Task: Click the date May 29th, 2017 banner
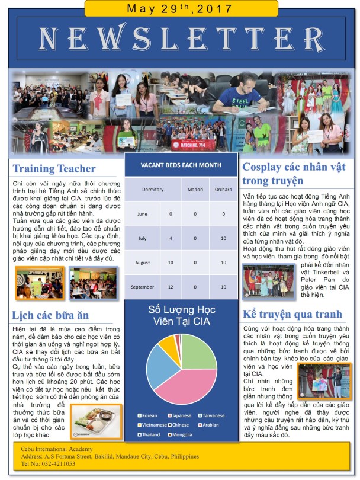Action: pyautogui.click(x=180, y=8)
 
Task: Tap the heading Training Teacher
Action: pyautogui.click(x=54, y=169)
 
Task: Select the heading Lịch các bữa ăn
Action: pyautogui.click(x=50, y=315)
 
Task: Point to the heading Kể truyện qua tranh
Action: pyautogui.click(x=292, y=314)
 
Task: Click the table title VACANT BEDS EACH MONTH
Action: pyautogui.click(x=181, y=165)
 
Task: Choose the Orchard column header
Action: pyautogui.click(x=223, y=190)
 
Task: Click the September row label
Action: pyautogui.click(x=142, y=286)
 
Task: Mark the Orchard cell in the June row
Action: pyautogui.click(x=223, y=214)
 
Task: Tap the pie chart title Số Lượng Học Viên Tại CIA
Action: pyautogui.click(x=181, y=316)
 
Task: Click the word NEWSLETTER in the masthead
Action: pyautogui.click(x=180, y=39)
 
